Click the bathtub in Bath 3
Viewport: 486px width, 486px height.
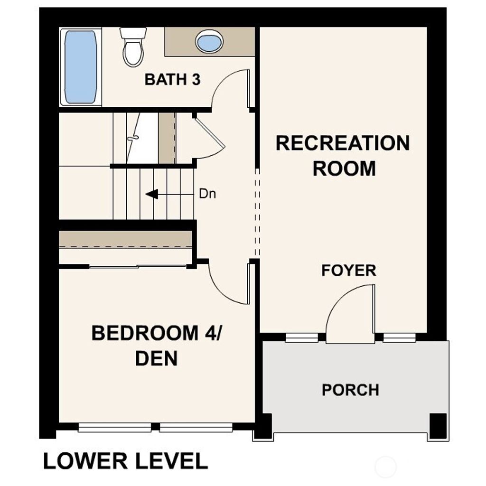click(x=81, y=67)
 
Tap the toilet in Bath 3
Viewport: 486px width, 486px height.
click(x=133, y=47)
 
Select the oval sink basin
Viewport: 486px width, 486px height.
click(x=209, y=41)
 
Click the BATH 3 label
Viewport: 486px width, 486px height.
click(x=172, y=80)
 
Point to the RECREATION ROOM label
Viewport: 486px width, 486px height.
click(x=343, y=156)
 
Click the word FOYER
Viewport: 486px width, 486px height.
click(x=349, y=271)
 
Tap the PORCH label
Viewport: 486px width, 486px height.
click(x=350, y=390)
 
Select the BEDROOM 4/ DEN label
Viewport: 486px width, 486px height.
click(x=157, y=346)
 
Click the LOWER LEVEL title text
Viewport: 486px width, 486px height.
click(x=126, y=461)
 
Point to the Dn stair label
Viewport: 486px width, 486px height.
click(x=207, y=194)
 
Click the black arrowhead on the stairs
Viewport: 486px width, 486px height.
click(x=151, y=194)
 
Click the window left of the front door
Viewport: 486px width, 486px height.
click(x=302, y=337)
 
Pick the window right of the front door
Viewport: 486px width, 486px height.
click(x=400, y=337)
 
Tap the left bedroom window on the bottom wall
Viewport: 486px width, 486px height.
click(x=114, y=428)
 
